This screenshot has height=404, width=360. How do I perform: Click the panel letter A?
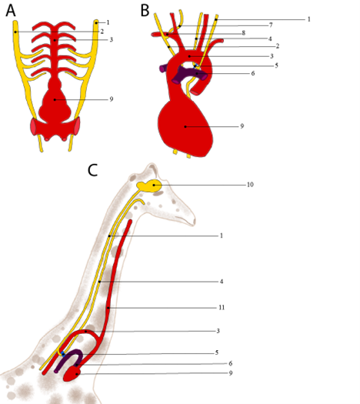(x=11, y=11)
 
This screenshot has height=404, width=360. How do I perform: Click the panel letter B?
(x=145, y=11)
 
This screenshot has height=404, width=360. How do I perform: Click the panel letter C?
(x=93, y=170)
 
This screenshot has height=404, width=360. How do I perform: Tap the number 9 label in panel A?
(x=112, y=99)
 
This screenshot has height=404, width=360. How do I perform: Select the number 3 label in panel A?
(x=112, y=40)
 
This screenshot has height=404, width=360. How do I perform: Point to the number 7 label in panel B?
(x=271, y=25)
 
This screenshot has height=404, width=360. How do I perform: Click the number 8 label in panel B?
(x=243, y=33)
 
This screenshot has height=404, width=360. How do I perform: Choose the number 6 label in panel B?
(x=253, y=73)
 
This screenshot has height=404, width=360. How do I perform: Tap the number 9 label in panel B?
(x=242, y=126)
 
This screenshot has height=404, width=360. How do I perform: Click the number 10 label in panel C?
(x=250, y=185)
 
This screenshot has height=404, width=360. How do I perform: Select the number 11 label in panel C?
(x=222, y=307)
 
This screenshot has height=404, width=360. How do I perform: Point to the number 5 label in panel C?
(x=217, y=352)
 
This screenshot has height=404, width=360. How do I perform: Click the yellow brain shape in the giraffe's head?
(x=149, y=185)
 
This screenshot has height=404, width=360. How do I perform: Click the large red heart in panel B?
(x=185, y=129)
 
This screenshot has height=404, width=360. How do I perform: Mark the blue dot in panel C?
(x=63, y=354)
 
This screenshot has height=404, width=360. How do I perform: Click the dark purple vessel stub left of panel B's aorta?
(x=163, y=68)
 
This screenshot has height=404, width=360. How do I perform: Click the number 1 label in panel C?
(x=222, y=235)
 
